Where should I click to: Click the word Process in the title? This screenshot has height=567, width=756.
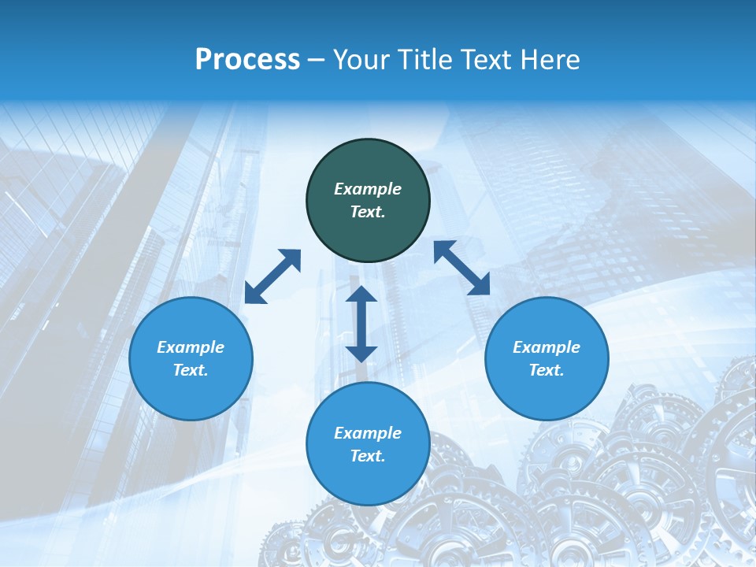tap(247, 59)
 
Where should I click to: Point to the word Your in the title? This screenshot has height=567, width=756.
tap(362, 59)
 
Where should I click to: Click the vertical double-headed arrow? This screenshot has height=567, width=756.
tap(361, 324)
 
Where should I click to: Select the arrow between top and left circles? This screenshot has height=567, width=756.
tap(272, 276)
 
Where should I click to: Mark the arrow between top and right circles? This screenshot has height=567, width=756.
tap(462, 268)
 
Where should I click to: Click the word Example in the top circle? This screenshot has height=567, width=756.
tap(368, 189)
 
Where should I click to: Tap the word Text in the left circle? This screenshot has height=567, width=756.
tap(191, 370)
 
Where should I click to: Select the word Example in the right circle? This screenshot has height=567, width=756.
tap(547, 347)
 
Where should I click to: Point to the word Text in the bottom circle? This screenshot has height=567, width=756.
tap(368, 456)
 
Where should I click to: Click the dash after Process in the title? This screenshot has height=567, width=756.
tap(317, 60)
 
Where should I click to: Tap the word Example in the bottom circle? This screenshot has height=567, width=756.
tap(368, 433)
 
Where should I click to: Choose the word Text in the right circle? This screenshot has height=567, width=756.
tap(547, 370)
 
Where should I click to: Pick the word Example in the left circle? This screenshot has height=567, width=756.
tap(191, 347)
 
